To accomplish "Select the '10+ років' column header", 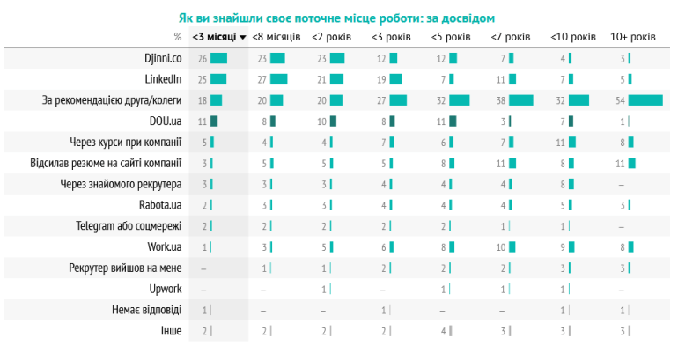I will (632, 37).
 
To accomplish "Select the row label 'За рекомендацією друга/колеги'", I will (112, 100).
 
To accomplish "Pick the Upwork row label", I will (165, 290).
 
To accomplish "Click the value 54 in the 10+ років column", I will (620, 100).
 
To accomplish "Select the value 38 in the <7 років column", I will (500, 100).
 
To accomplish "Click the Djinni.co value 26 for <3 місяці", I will (203, 58).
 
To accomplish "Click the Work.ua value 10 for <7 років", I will (500, 247).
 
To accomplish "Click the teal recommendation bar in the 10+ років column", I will (645, 100).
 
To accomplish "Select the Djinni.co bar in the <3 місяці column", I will (218, 58).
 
